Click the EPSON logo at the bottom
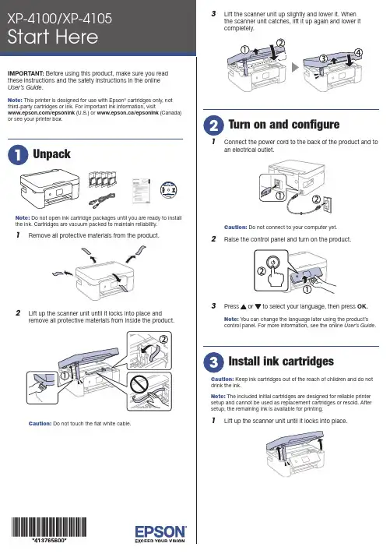pos(160,534)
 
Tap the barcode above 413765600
pos(49,528)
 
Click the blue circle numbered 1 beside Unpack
pos(18,155)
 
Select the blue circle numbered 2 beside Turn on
pos(213,125)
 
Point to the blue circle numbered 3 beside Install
pos(213,362)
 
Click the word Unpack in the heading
pos(51,154)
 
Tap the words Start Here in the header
pos(53,37)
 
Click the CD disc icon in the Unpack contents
pos(168,189)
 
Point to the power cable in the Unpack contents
pos(102,200)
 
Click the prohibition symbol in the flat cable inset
pos(139,383)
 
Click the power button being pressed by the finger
pos(273,262)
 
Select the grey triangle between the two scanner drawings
pos(295,67)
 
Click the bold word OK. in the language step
pos(362,306)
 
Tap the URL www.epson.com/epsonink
pos(41,113)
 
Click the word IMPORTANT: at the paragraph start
pos(26,73)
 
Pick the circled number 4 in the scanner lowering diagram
pos(357,53)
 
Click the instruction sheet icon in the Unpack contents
pos(141,191)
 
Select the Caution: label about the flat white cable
pos(40,423)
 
